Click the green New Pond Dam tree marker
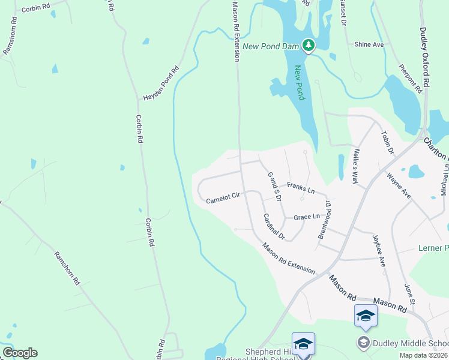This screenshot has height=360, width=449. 308,45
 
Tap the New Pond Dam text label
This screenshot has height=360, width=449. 271,45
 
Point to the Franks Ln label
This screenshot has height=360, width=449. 301,188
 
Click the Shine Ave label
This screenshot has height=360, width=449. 369,44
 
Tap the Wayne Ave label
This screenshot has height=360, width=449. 399,187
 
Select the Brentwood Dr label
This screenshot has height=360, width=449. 324,220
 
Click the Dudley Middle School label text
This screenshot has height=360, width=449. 411,343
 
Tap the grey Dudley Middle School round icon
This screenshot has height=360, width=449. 363,343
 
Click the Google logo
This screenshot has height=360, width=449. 20,353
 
